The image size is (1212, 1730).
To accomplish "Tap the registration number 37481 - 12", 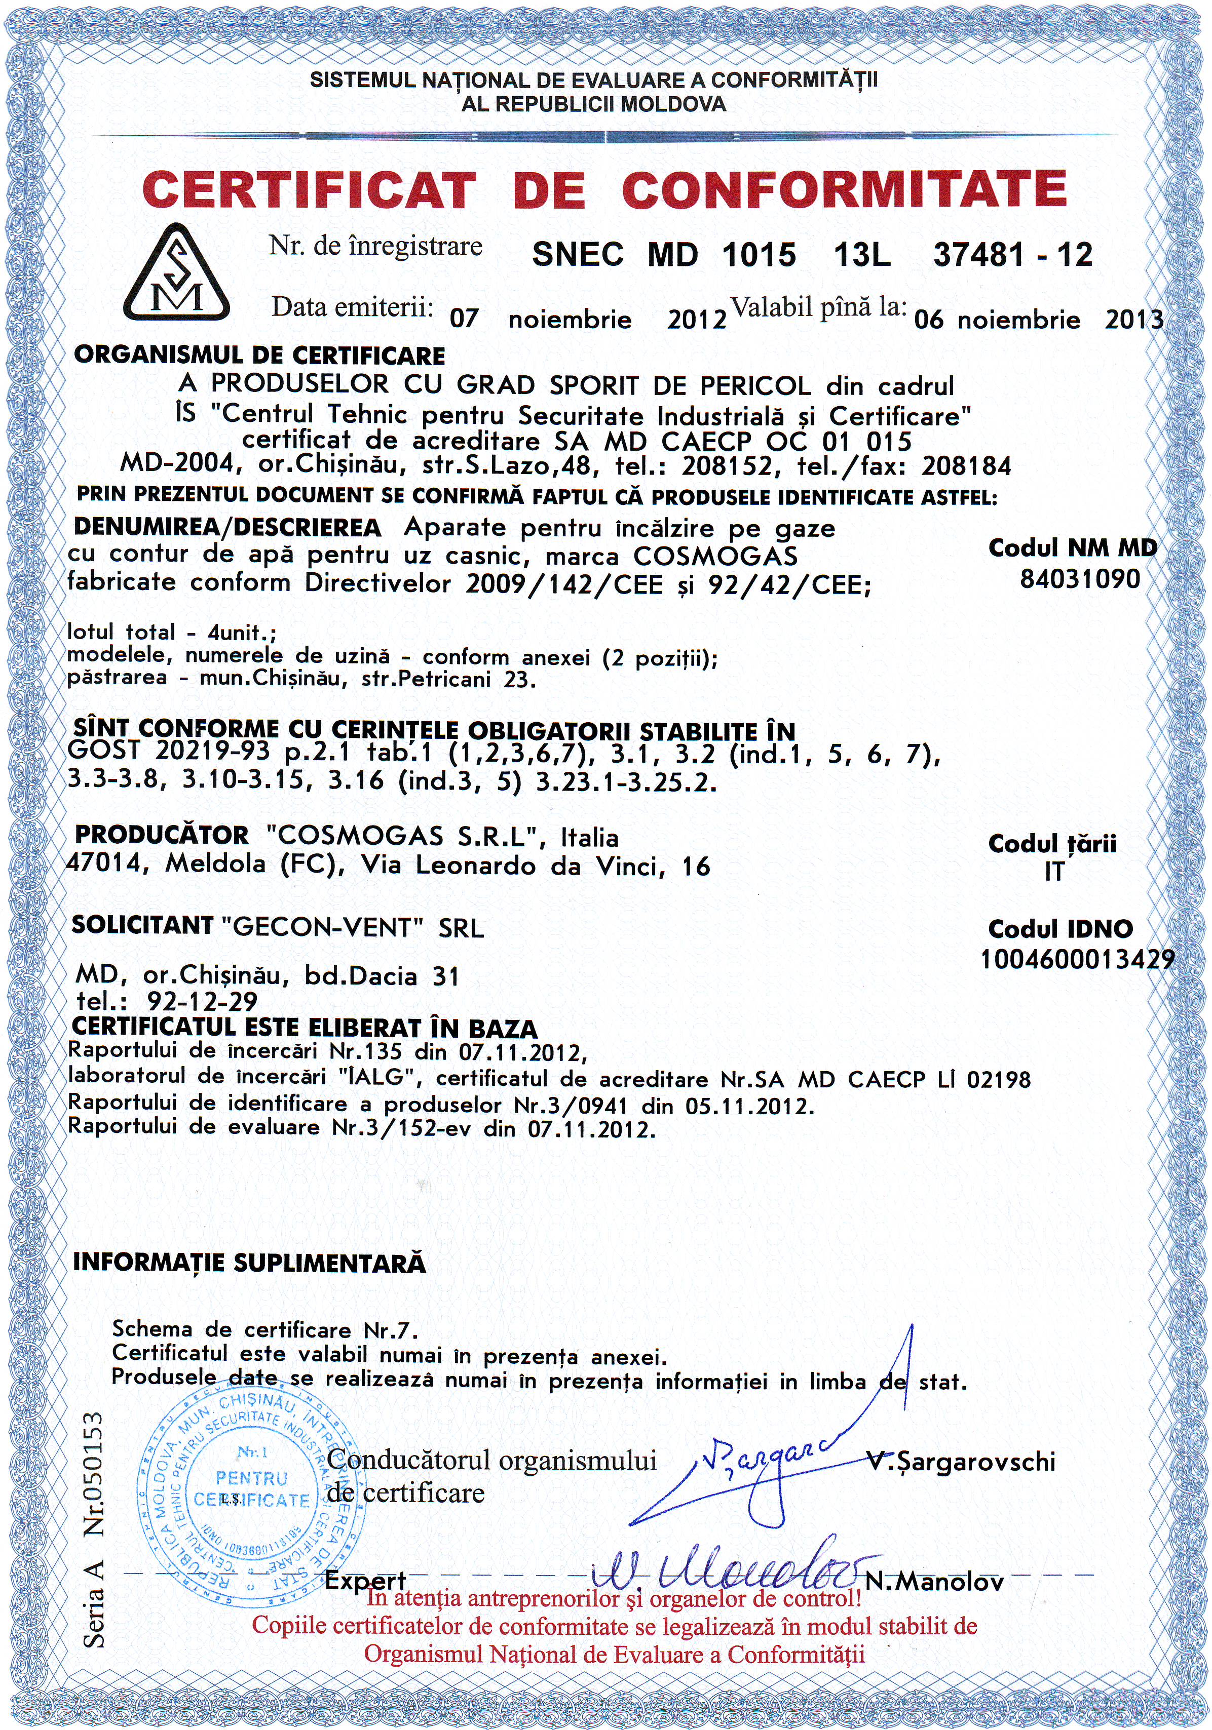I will [x=1012, y=255].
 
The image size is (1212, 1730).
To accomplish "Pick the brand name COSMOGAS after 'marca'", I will [x=715, y=556].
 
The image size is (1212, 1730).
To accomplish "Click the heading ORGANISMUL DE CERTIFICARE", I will [x=259, y=355].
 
